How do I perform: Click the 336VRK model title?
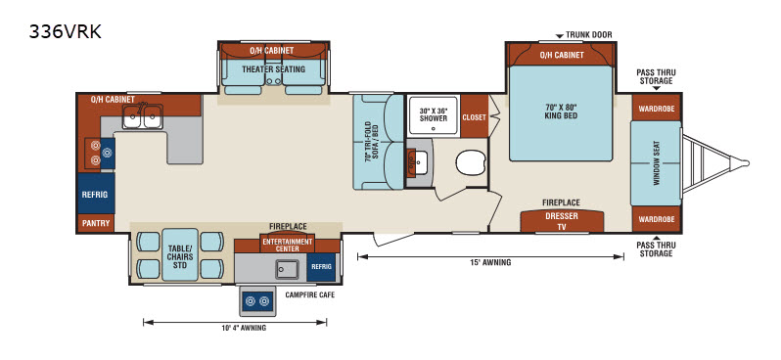(x=66, y=32)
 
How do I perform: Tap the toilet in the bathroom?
(x=471, y=162)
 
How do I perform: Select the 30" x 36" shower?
(x=433, y=115)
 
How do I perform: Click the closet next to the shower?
(x=474, y=117)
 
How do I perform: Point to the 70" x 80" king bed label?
(x=561, y=111)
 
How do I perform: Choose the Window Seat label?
(x=656, y=163)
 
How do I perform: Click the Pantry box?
(x=96, y=223)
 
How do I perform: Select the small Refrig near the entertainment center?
(x=321, y=266)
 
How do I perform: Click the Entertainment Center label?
(x=288, y=245)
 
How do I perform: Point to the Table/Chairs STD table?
(x=180, y=254)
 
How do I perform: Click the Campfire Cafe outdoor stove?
(x=257, y=301)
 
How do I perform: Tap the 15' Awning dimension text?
(x=490, y=262)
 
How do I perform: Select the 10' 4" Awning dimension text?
(x=244, y=328)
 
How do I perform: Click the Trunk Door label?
(x=589, y=35)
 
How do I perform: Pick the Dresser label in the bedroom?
(x=562, y=216)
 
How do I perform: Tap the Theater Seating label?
(x=273, y=69)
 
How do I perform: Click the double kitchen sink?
(x=143, y=117)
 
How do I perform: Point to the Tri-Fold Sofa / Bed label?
(x=371, y=143)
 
